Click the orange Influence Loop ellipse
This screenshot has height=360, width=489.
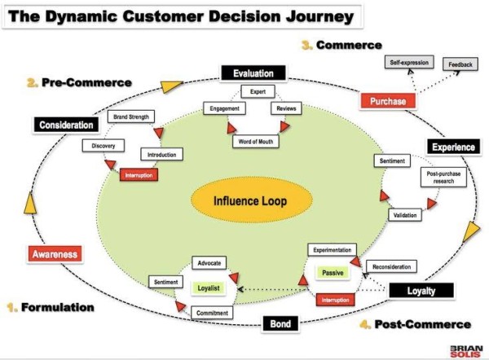pyautogui.click(x=251, y=200)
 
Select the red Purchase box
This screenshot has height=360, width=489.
pyautogui.click(x=388, y=101)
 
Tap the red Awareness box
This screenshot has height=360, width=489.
pyautogui.click(x=55, y=254)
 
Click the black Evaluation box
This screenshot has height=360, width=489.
pyautogui.click(x=253, y=73)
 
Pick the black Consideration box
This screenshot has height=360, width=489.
pyautogui.click(x=66, y=125)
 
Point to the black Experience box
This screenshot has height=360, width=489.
pyautogui.click(x=453, y=147)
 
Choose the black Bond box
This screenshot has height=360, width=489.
pyautogui.click(x=280, y=324)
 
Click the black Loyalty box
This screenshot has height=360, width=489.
pyautogui.click(x=421, y=291)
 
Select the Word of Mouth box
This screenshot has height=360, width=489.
pyautogui.click(x=256, y=142)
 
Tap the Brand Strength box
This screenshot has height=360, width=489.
pyautogui.click(x=131, y=116)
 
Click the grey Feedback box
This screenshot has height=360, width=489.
pyautogui.click(x=460, y=64)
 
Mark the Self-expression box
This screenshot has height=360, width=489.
pyautogui.click(x=409, y=63)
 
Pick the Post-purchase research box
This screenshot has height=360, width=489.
pyautogui.click(x=443, y=178)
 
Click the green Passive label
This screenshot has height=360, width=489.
pyautogui.click(x=333, y=273)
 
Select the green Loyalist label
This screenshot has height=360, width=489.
pyautogui.click(x=209, y=288)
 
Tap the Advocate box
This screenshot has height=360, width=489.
pyautogui.click(x=209, y=263)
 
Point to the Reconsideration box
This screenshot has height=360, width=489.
pyautogui.click(x=391, y=267)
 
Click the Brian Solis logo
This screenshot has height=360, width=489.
pyautogui.click(x=466, y=351)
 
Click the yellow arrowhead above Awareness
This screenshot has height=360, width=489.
pyautogui.click(x=30, y=204)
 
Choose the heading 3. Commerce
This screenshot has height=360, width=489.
pyautogui.click(x=341, y=45)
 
